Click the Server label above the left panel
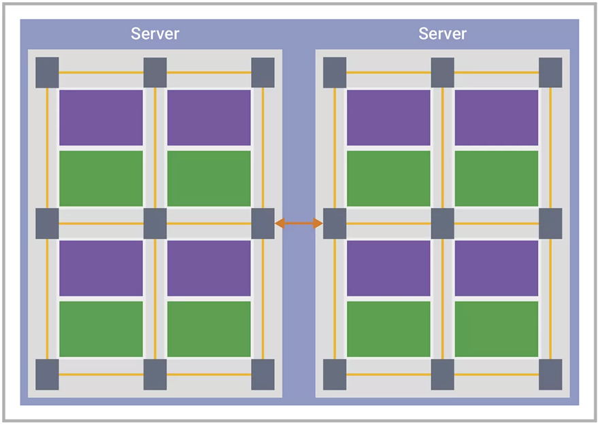[x=155, y=34]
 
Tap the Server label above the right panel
[x=442, y=34]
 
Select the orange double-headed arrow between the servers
[x=299, y=223]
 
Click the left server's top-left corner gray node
[x=47, y=72]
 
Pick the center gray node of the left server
[x=155, y=223]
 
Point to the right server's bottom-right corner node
[x=550, y=374]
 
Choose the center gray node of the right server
[x=442, y=223]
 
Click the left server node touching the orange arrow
[x=263, y=223]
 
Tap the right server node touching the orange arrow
[x=335, y=223]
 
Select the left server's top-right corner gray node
[x=263, y=72]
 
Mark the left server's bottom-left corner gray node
[x=47, y=374]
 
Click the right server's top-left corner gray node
[x=335, y=72]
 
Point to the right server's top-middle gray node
[x=442, y=72]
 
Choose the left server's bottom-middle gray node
[x=155, y=374]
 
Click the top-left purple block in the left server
[x=101, y=118]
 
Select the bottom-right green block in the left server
[x=209, y=329]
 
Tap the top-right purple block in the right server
[x=496, y=118]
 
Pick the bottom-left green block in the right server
[x=388, y=329]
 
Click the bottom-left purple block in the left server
[x=101, y=268]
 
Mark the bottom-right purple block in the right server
[x=496, y=268]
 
